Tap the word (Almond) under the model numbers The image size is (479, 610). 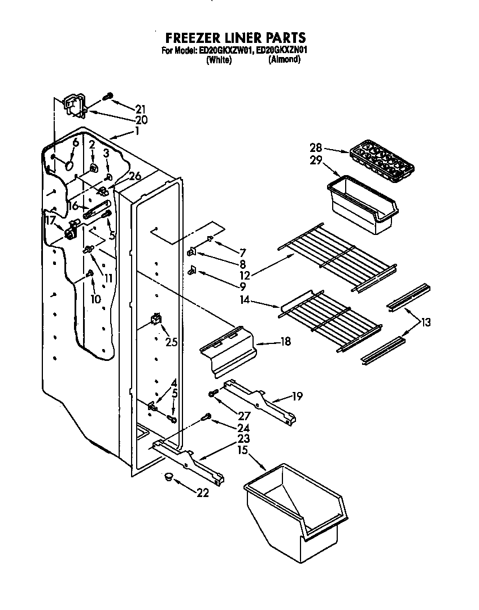click(284, 59)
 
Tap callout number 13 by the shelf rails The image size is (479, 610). click(425, 323)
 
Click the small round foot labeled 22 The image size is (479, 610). click(167, 478)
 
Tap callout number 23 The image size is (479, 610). click(245, 439)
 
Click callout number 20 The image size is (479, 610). click(141, 120)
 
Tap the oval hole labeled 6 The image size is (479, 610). click(68, 165)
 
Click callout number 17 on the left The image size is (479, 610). click(50, 220)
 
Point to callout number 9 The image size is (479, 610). click(242, 287)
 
